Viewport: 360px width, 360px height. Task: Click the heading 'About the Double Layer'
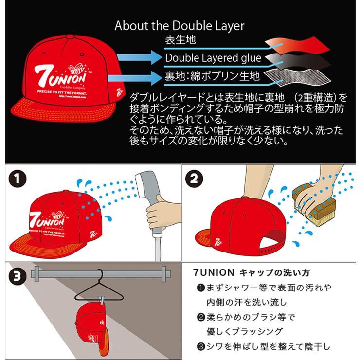point(180,26)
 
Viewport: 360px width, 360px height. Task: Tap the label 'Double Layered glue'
point(213,58)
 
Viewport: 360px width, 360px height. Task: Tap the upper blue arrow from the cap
point(135,58)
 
